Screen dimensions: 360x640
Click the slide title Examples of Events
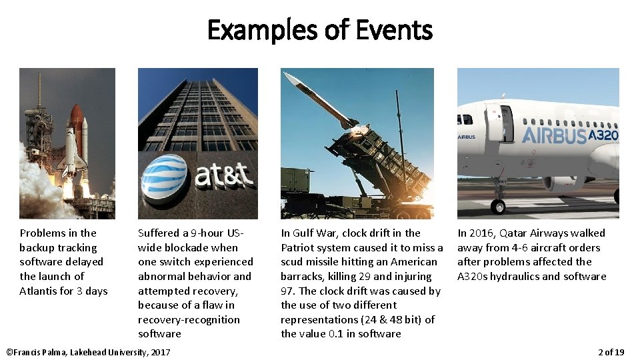(x=319, y=31)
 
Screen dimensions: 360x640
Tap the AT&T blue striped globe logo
(x=164, y=177)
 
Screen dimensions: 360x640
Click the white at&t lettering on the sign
(x=223, y=176)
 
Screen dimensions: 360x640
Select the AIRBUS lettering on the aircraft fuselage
(x=553, y=136)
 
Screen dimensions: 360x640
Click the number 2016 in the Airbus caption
(x=483, y=233)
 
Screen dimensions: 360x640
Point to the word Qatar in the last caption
(x=519, y=233)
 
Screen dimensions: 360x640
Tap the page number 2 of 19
(x=611, y=351)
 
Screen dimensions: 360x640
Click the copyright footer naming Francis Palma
(x=87, y=351)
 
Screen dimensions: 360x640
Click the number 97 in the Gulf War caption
(x=288, y=291)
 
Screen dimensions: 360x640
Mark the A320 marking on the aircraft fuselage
(x=604, y=136)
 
